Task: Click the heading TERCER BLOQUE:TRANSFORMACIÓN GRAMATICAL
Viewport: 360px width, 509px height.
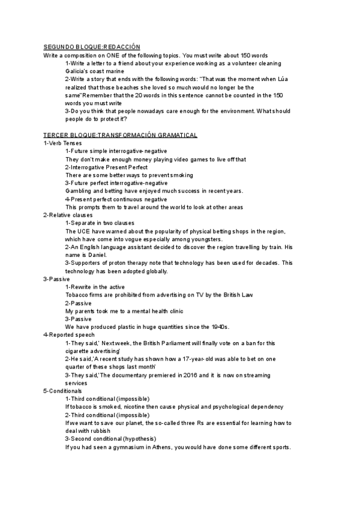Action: tap(121, 135)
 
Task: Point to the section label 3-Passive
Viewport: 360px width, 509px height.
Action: tap(56, 279)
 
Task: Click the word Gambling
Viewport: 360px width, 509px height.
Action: tap(78, 191)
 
